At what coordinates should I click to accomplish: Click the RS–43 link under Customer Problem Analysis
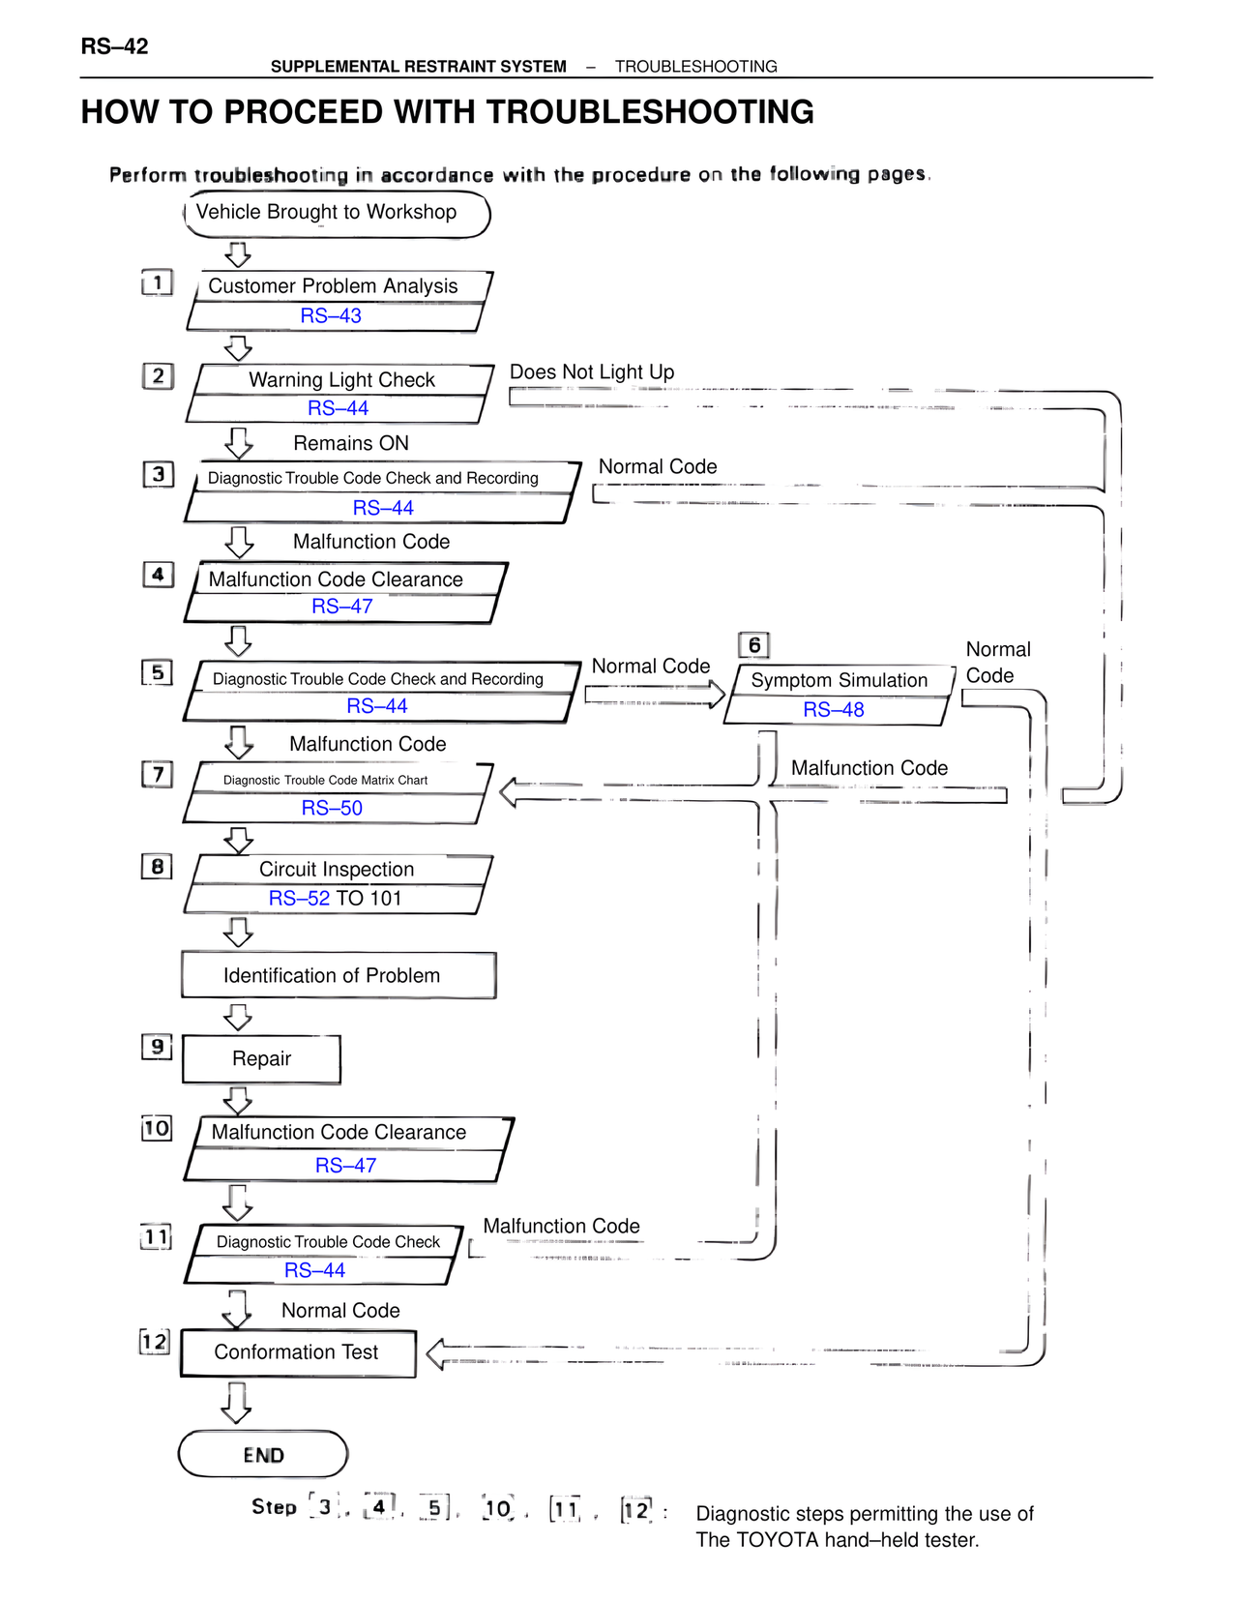coord(331,316)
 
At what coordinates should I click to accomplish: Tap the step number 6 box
coord(753,645)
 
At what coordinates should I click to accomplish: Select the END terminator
coord(263,1454)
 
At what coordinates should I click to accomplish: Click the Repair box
coord(261,1059)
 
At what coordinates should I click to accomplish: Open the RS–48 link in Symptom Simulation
coord(833,710)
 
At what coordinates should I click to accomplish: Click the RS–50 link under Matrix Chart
coord(332,808)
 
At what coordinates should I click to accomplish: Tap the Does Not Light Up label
coord(592,372)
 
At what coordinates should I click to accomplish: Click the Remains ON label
coord(351,444)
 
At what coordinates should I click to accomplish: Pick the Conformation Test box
coord(297,1352)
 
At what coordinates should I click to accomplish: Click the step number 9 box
coord(157,1047)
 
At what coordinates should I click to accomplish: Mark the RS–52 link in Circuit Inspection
coord(299,899)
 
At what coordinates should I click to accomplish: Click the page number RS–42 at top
coord(114,46)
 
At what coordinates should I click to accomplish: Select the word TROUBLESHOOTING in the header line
coord(695,67)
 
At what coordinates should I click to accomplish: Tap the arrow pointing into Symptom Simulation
coord(655,694)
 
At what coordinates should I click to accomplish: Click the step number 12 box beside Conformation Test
coord(155,1342)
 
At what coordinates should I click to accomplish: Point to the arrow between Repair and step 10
coord(238,1100)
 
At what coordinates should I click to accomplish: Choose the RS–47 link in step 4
coord(341,607)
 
